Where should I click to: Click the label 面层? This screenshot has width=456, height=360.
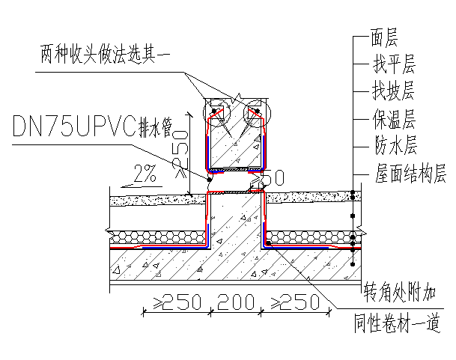(384, 35)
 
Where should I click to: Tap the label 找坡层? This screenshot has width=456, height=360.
(393, 91)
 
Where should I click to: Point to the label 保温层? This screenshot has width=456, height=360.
(393, 119)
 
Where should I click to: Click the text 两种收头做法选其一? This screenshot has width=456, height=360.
(106, 53)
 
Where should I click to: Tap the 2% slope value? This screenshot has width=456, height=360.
(145, 175)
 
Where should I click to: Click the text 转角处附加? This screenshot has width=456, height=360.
(400, 290)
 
